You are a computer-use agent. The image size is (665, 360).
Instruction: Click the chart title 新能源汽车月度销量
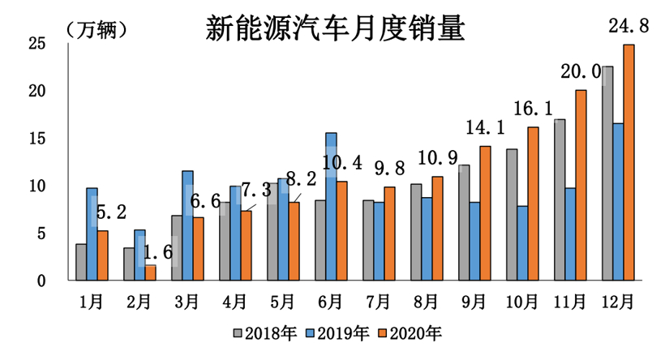click(x=334, y=29)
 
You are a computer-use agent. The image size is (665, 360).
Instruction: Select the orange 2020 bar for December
click(x=629, y=162)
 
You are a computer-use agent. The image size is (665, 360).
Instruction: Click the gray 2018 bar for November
click(x=560, y=199)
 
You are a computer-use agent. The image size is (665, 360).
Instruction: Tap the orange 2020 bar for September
click(x=485, y=213)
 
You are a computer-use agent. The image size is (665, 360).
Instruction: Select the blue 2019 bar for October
click(x=522, y=242)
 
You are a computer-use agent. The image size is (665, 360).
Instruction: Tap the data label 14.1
click(x=484, y=128)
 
